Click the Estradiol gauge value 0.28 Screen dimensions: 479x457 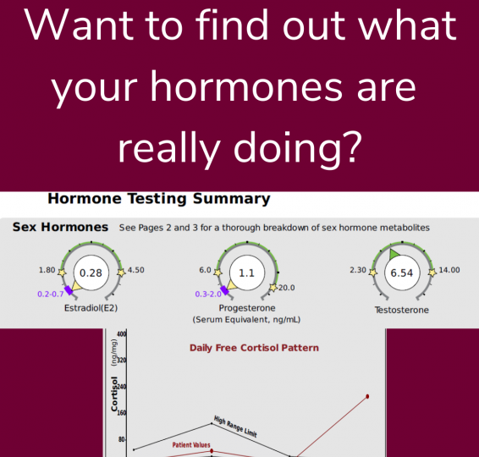[x=91, y=273]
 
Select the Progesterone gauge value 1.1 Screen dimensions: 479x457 [x=246, y=273]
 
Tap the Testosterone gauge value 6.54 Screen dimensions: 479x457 [x=402, y=273]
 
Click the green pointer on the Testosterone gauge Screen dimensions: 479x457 [x=394, y=254]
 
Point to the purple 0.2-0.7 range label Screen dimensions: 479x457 [x=51, y=295]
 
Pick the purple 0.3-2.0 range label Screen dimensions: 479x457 [x=208, y=295]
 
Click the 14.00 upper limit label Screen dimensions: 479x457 [x=449, y=270]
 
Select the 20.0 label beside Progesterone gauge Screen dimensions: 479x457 [x=287, y=288]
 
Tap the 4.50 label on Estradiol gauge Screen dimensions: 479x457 [x=136, y=270]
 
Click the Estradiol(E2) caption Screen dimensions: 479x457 [x=91, y=308]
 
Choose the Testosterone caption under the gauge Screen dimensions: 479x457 [x=402, y=310]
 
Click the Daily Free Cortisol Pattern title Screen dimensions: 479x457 [x=254, y=348]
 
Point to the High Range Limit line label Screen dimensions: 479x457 [x=235, y=427]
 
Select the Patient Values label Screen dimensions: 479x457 [x=191, y=445]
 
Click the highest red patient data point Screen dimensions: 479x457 [x=367, y=397]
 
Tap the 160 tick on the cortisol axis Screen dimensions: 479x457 [x=122, y=413]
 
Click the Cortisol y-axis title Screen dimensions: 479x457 [x=114, y=394]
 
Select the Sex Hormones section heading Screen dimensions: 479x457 [x=60, y=228]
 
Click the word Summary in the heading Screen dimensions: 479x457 [x=232, y=199]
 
